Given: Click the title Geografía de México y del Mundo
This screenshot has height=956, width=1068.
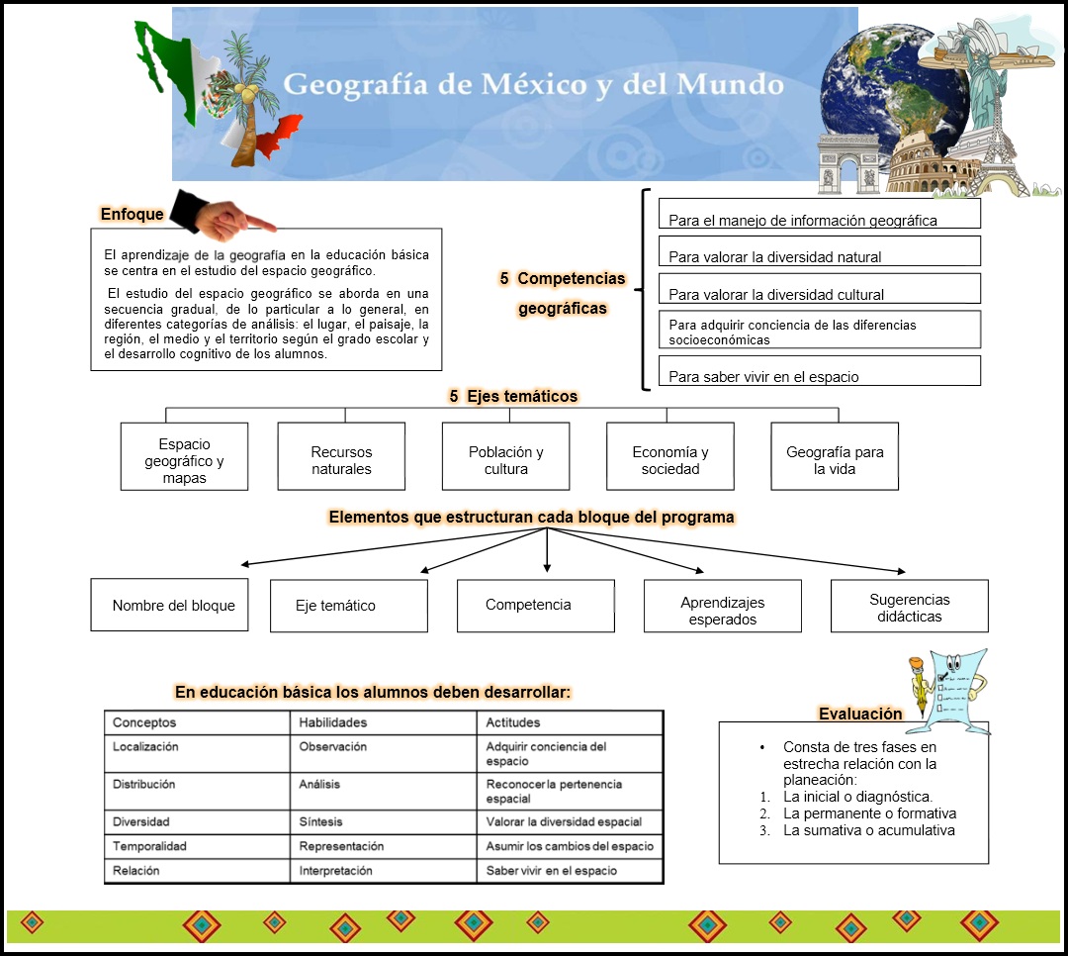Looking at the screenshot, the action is (x=533, y=85).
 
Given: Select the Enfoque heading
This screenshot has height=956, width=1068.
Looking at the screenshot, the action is (x=132, y=214).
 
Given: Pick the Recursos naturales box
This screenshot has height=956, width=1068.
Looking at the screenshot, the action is (x=341, y=456).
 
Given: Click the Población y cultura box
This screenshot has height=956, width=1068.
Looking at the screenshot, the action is (x=505, y=456).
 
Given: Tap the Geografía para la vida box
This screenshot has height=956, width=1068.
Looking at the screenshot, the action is (x=835, y=456).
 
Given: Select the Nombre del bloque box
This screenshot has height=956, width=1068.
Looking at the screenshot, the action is (x=169, y=605).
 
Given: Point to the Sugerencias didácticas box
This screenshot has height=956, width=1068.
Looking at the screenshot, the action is (x=909, y=606).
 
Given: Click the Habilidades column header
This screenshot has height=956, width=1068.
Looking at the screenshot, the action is (x=332, y=722).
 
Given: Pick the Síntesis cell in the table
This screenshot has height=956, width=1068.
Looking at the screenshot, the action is (x=320, y=821).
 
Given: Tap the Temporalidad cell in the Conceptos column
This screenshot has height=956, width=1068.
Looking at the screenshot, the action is (x=149, y=846).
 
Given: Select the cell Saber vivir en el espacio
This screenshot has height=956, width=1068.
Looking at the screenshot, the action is (x=551, y=871).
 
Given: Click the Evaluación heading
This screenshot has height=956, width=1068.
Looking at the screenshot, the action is (x=860, y=714).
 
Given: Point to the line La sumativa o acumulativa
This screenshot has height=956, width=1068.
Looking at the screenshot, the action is (x=868, y=830).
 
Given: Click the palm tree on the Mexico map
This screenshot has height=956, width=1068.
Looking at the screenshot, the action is (x=241, y=94).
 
